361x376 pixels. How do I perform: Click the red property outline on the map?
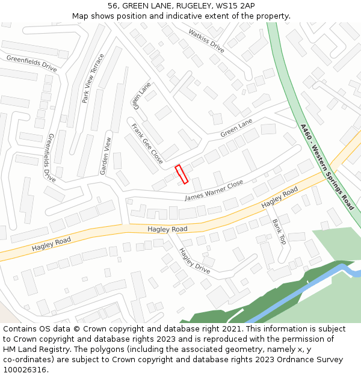(x=181, y=174)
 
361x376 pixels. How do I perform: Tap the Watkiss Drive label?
(x=206, y=41)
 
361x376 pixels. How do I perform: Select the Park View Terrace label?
(x=93, y=78)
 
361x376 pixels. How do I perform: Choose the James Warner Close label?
(x=214, y=191)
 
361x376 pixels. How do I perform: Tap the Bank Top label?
(x=279, y=231)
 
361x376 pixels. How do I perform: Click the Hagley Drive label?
(x=195, y=261)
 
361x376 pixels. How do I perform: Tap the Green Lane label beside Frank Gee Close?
(x=142, y=96)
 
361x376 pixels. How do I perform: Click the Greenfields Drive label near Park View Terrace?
(x=32, y=63)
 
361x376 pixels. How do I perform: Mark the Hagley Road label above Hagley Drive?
(x=167, y=229)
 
